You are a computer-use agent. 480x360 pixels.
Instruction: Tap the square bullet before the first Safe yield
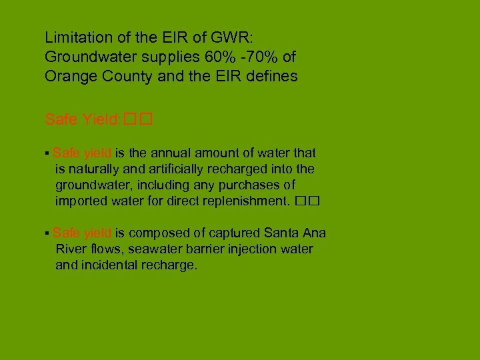point(47,155)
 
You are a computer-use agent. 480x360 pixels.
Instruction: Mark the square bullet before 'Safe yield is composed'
point(47,234)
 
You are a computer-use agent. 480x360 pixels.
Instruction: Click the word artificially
point(193,169)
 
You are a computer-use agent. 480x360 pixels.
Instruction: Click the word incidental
point(110,265)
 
